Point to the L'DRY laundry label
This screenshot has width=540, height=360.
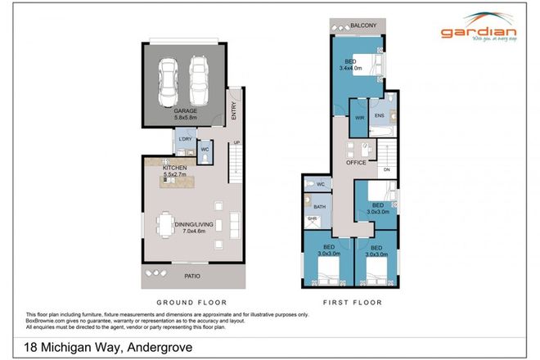[185, 140]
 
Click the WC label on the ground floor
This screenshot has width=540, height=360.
[205, 149]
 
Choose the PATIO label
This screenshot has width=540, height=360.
[193, 276]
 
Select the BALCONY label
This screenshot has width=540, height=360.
[362, 26]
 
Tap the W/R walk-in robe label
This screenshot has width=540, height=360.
[359, 117]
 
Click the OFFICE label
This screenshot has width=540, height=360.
[356, 163]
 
